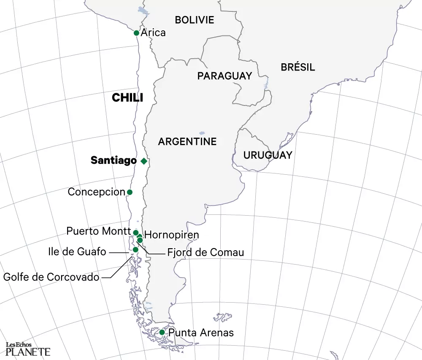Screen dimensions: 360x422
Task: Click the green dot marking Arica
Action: coord(136,33)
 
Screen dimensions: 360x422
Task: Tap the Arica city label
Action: coord(153,32)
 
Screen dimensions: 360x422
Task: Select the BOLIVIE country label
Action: coord(195,20)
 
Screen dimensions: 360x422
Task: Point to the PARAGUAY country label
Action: coord(225,76)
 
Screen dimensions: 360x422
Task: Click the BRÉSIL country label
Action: coord(298,67)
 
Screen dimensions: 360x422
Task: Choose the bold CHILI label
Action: coord(127,98)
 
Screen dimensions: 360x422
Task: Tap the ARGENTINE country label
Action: coord(187,141)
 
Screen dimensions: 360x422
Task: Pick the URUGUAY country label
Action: coord(268,155)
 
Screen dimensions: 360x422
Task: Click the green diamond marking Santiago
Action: coord(144,161)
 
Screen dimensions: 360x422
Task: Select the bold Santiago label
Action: coord(114,161)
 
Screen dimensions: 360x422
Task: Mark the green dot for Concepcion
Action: coord(130,192)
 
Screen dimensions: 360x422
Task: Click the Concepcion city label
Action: coord(97,192)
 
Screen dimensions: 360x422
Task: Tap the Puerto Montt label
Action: coord(98,231)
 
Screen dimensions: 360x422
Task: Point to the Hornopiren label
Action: coord(171,235)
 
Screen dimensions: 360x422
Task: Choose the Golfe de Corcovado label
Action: coord(51,277)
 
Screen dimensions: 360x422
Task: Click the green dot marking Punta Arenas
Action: coord(162,333)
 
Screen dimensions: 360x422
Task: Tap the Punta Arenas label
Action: coord(201,333)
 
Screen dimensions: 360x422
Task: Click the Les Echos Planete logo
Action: coord(28,349)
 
